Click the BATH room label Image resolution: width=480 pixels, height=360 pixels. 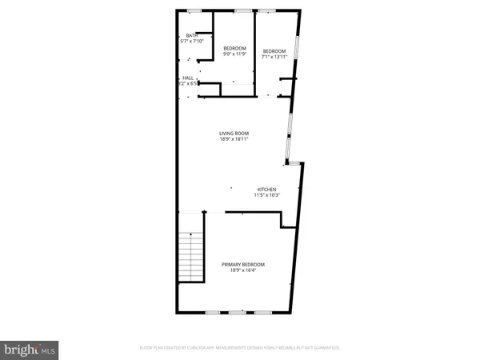pyautogui.click(x=192, y=35)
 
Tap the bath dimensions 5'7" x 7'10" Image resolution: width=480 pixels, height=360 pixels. pyautogui.click(x=192, y=41)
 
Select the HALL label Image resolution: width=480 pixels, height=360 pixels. pyautogui.click(x=188, y=77)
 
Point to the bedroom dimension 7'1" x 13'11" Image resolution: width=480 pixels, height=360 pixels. pyautogui.click(x=274, y=56)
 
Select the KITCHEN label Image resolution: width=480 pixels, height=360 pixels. pyautogui.click(x=266, y=189)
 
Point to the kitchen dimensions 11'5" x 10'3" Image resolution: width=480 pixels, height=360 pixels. pyautogui.click(x=266, y=195)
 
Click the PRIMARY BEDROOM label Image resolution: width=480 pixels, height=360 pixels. pyautogui.click(x=243, y=264)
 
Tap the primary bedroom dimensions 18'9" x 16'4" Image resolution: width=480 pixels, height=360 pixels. pyautogui.click(x=243, y=270)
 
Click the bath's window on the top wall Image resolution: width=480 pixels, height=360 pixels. pyautogui.click(x=194, y=10)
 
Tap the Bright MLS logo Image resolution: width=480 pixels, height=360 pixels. pyautogui.click(x=30, y=348)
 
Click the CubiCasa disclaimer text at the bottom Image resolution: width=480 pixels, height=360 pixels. pyautogui.click(x=239, y=348)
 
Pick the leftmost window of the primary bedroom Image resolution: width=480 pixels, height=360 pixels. pyautogui.click(x=213, y=312)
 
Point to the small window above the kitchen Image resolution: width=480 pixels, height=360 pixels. pyautogui.click(x=294, y=162)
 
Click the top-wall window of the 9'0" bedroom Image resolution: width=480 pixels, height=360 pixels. pyautogui.click(x=242, y=10)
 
